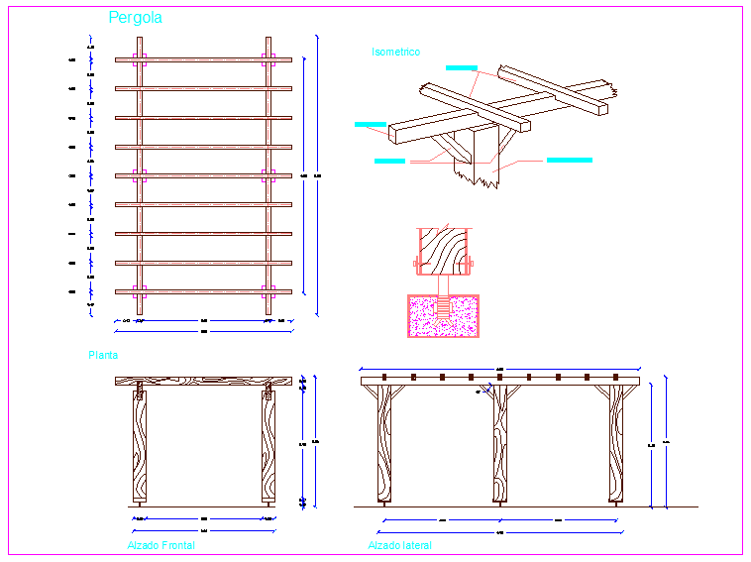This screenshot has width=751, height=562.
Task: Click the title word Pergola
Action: click(x=135, y=18)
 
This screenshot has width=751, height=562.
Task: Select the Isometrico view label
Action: click(x=396, y=52)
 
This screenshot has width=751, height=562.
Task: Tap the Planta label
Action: click(x=103, y=354)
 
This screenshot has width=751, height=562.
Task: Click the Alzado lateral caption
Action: click(x=400, y=545)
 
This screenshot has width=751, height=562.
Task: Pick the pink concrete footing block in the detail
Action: click(x=443, y=315)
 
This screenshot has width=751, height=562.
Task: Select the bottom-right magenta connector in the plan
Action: click(x=268, y=291)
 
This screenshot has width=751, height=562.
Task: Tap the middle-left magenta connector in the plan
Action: click(x=140, y=175)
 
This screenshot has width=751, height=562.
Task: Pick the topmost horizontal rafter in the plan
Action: click(x=203, y=59)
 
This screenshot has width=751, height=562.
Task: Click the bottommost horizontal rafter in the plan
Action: click(x=203, y=291)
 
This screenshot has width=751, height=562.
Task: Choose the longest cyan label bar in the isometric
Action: click(x=569, y=160)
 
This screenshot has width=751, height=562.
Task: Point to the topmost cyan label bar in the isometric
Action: click(x=462, y=67)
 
